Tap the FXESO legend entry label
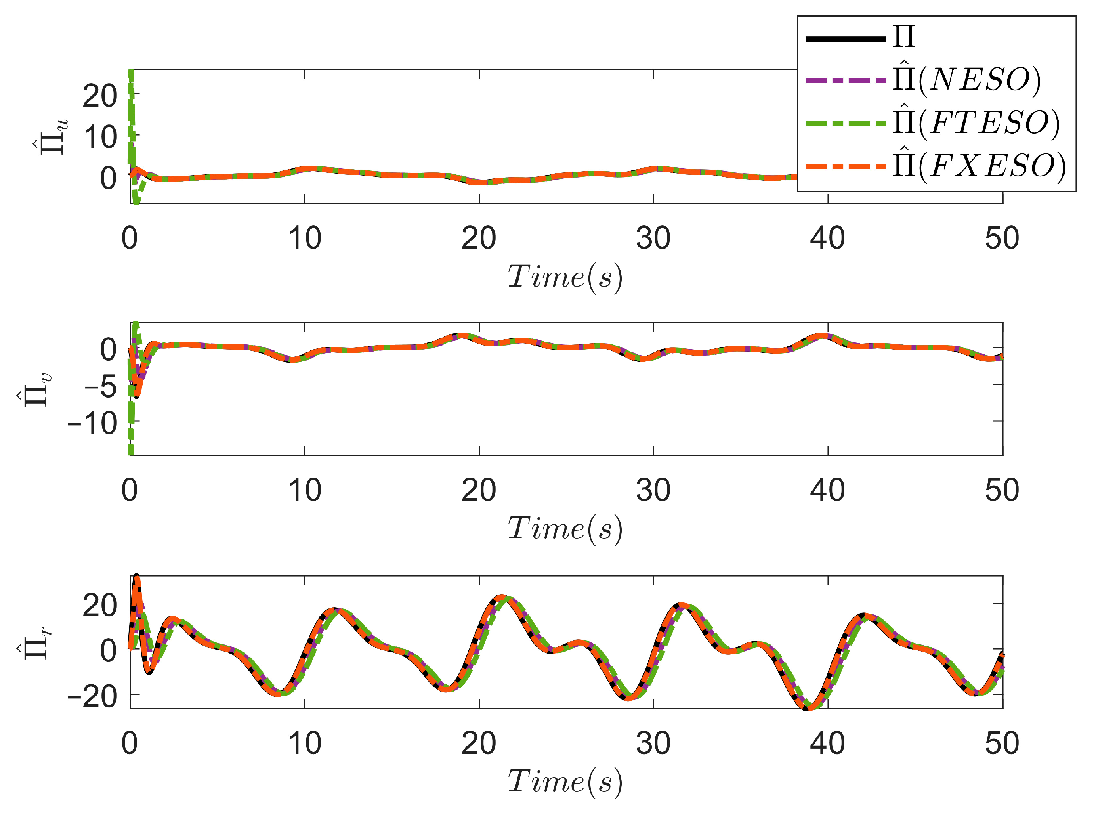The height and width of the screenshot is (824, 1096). (x=978, y=166)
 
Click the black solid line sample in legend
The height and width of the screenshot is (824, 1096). (x=845, y=39)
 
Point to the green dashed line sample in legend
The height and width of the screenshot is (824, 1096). (x=845, y=122)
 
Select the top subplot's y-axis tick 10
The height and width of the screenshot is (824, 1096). (x=100, y=137)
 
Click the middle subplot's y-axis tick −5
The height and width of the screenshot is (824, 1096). (x=100, y=386)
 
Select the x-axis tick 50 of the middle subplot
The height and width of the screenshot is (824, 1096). (x=1002, y=490)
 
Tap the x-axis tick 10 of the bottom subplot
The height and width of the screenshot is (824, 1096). (x=304, y=743)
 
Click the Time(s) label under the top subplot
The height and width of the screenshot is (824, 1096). (x=565, y=277)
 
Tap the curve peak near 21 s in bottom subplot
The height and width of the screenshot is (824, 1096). (x=502, y=597)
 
